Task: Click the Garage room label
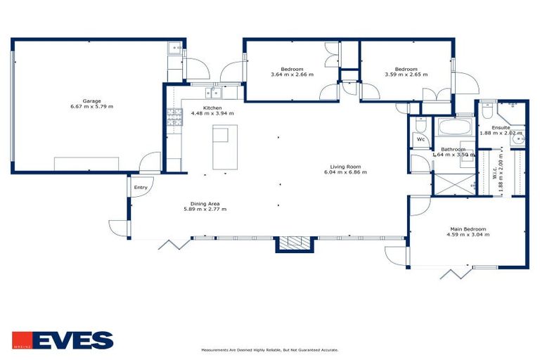click(x=91, y=101)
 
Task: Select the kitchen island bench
click(x=225, y=147)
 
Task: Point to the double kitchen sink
click(x=212, y=91)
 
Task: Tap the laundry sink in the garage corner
click(x=175, y=49)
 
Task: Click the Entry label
click(x=141, y=187)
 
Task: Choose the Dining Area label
click(x=205, y=203)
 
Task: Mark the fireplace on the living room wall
click(x=294, y=243)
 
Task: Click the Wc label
click(x=421, y=139)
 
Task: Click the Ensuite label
click(x=501, y=127)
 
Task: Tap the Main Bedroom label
click(x=469, y=229)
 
